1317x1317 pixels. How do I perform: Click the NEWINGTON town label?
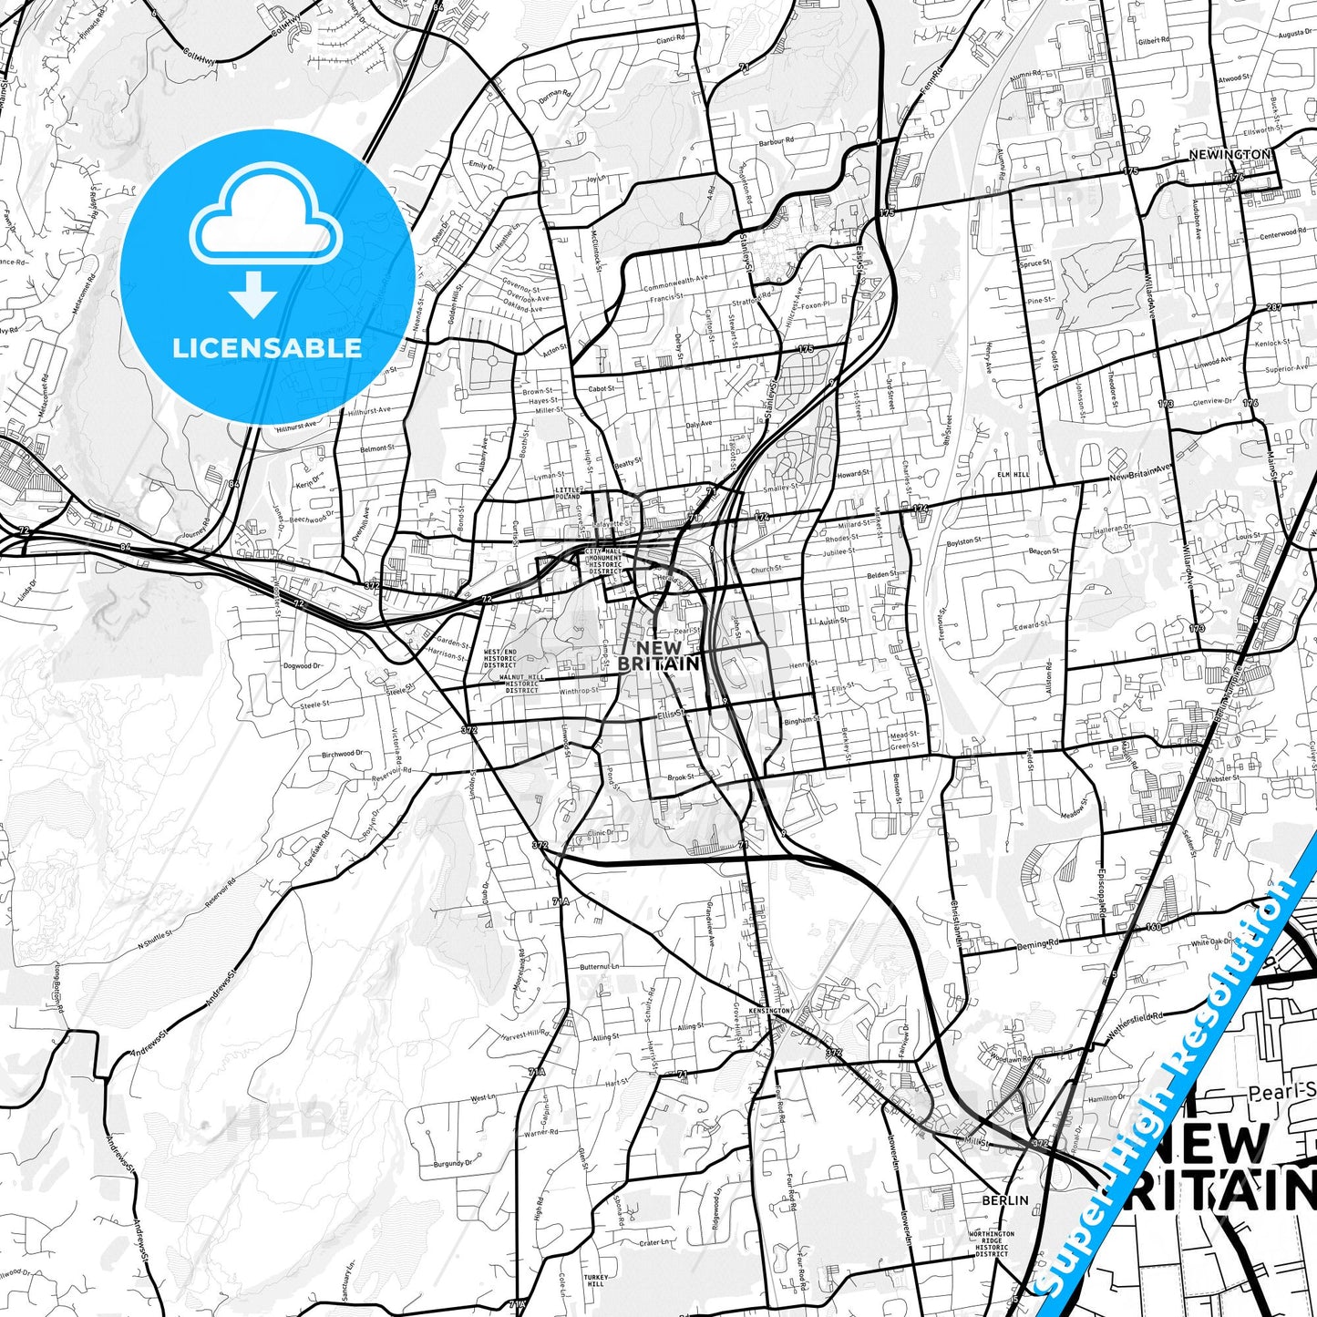[x=1229, y=155]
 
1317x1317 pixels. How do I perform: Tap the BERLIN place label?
[x=1004, y=1200]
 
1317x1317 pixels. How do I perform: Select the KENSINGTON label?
[x=769, y=1011]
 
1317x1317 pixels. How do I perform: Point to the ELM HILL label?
[x=1013, y=475]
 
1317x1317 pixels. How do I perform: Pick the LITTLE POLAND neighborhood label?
[x=568, y=494]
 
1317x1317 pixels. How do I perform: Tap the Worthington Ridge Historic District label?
[x=992, y=1244]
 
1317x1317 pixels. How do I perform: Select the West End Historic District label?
[x=499, y=658]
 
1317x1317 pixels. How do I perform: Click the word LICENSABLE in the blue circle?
[x=267, y=347]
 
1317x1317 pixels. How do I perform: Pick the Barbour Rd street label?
[x=777, y=141]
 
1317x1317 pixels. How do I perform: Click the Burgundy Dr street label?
[x=454, y=1163]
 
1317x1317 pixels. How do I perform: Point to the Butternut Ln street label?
[x=599, y=966]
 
